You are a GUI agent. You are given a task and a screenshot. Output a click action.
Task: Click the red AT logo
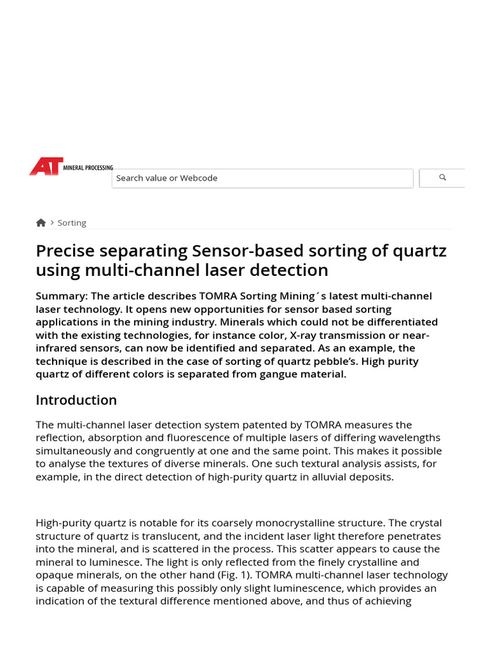[x=46, y=167]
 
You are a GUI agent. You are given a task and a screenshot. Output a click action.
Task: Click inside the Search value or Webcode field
[x=262, y=178]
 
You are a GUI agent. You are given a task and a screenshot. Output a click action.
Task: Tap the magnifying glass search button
[x=442, y=178]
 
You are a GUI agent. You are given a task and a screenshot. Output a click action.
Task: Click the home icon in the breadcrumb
[x=41, y=223]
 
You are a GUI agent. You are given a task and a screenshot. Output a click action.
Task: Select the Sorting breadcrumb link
[x=72, y=223]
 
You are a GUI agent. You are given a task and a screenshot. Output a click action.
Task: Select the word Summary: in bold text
[x=62, y=296]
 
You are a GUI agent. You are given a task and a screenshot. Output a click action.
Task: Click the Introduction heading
[x=76, y=400]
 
